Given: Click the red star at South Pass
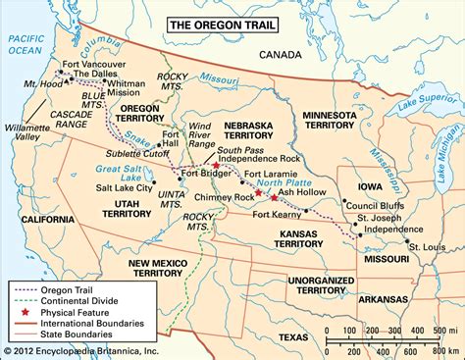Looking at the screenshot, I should click(216, 166).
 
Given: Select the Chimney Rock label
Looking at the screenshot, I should click(224, 196).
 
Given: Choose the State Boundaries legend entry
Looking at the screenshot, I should click(81, 334).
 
